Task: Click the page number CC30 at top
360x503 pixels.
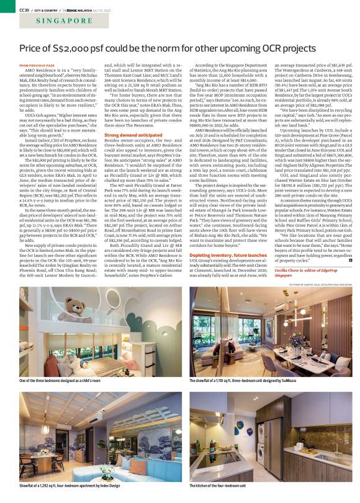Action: tap(25, 10)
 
